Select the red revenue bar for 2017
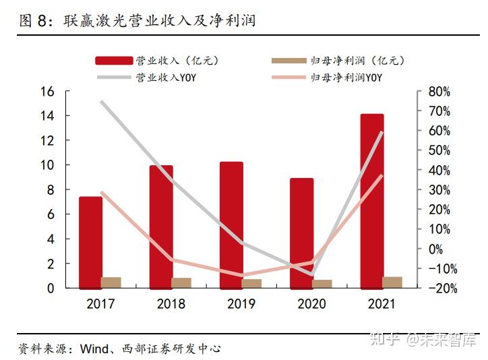click(x=90, y=242)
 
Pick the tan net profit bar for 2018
click(x=181, y=282)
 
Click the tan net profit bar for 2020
click(x=322, y=283)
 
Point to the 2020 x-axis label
click(x=311, y=304)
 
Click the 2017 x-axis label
click(x=100, y=304)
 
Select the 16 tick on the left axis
click(x=47, y=91)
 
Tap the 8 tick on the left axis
click(x=50, y=189)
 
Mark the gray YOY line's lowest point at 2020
click(x=311, y=274)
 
